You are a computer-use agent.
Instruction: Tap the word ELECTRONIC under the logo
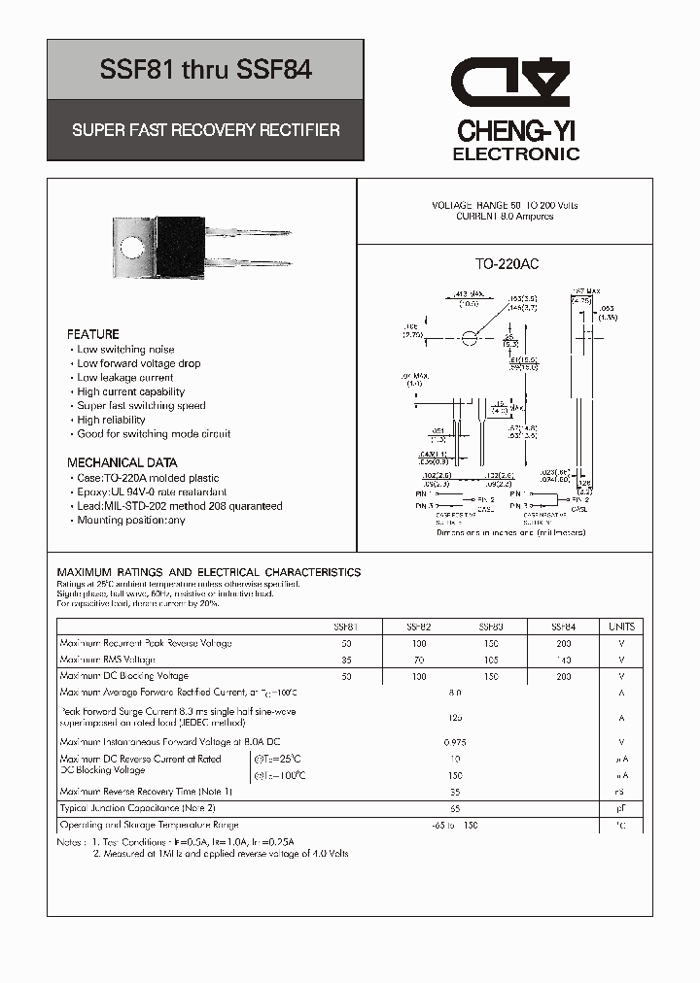pos(516,154)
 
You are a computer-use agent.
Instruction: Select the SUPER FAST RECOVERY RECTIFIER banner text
pos(205,130)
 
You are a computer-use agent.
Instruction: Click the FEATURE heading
pos(93,334)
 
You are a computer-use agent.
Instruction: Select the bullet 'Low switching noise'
pos(125,349)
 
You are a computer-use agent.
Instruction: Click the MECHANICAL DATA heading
pos(122,463)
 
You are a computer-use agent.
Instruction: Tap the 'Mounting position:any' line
pos(130,520)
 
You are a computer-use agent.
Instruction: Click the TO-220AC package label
pos(507,264)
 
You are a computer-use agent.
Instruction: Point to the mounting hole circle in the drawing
pos(470,338)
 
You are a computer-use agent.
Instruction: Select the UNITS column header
pos(621,627)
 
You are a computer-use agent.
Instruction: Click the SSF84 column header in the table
pos(563,627)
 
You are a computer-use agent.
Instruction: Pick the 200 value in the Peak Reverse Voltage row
pos(563,643)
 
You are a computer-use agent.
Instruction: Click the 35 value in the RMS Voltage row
pos(347,660)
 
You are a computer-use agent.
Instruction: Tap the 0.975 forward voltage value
pos(455,742)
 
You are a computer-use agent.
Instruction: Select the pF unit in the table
pos(621,808)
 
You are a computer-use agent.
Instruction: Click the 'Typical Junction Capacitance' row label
pos(137,808)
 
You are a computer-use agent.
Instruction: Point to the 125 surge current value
pos(455,718)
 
